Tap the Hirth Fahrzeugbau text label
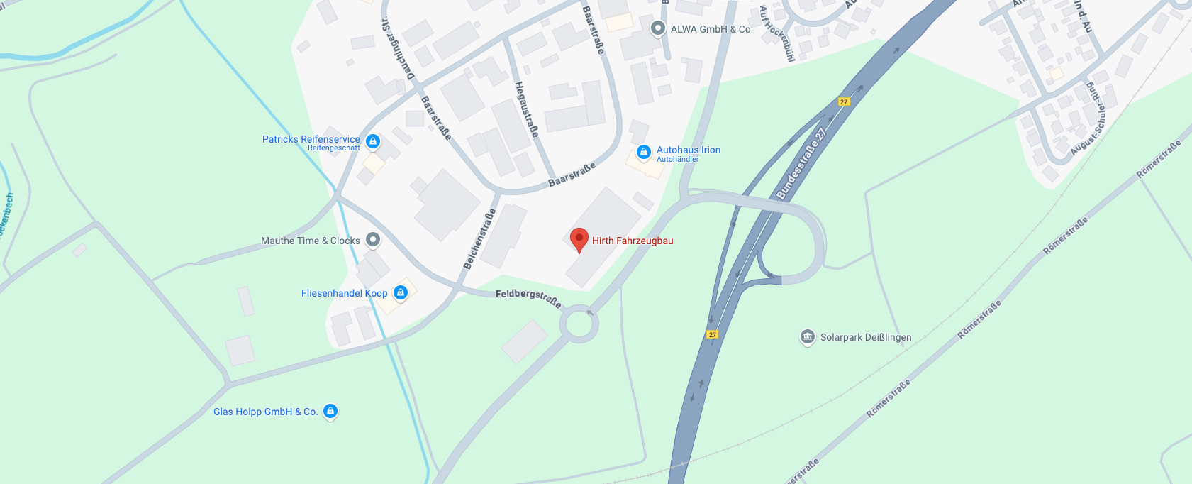point(633,241)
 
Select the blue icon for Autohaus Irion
point(643,152)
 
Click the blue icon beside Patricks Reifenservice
point(373,141)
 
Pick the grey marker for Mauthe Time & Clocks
point(373,240)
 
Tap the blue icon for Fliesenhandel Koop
point(401,292)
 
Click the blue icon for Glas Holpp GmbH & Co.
point(330,411)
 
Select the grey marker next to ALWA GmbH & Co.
point(658,28)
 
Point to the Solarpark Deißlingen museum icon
point(807,337)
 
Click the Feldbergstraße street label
point(528,297)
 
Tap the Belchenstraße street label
point(480,239)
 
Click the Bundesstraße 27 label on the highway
point(801,163)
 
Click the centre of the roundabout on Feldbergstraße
point(579,325)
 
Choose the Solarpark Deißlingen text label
point(866,337)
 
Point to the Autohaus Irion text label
point(688,150)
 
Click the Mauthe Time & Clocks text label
point(311,241)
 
